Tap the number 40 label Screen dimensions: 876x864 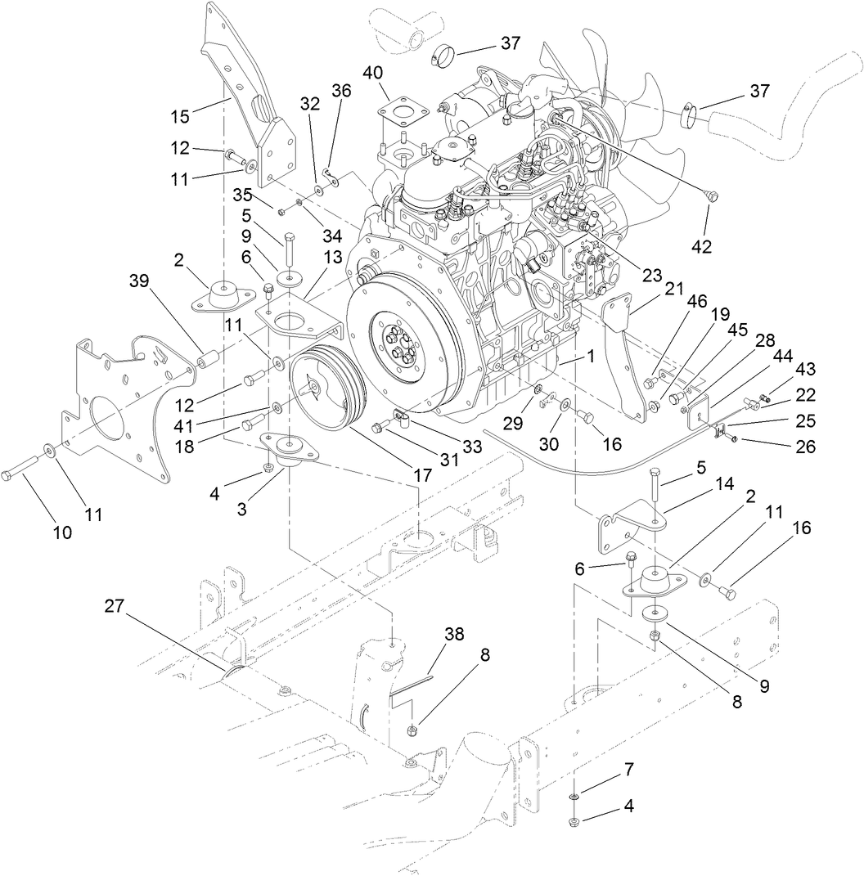pos(373,73)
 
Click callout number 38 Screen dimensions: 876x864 pos(454,634)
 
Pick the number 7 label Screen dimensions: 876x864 pos(628,770)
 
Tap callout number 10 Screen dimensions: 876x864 pos(63,532)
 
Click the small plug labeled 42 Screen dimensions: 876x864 pos(710,195)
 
